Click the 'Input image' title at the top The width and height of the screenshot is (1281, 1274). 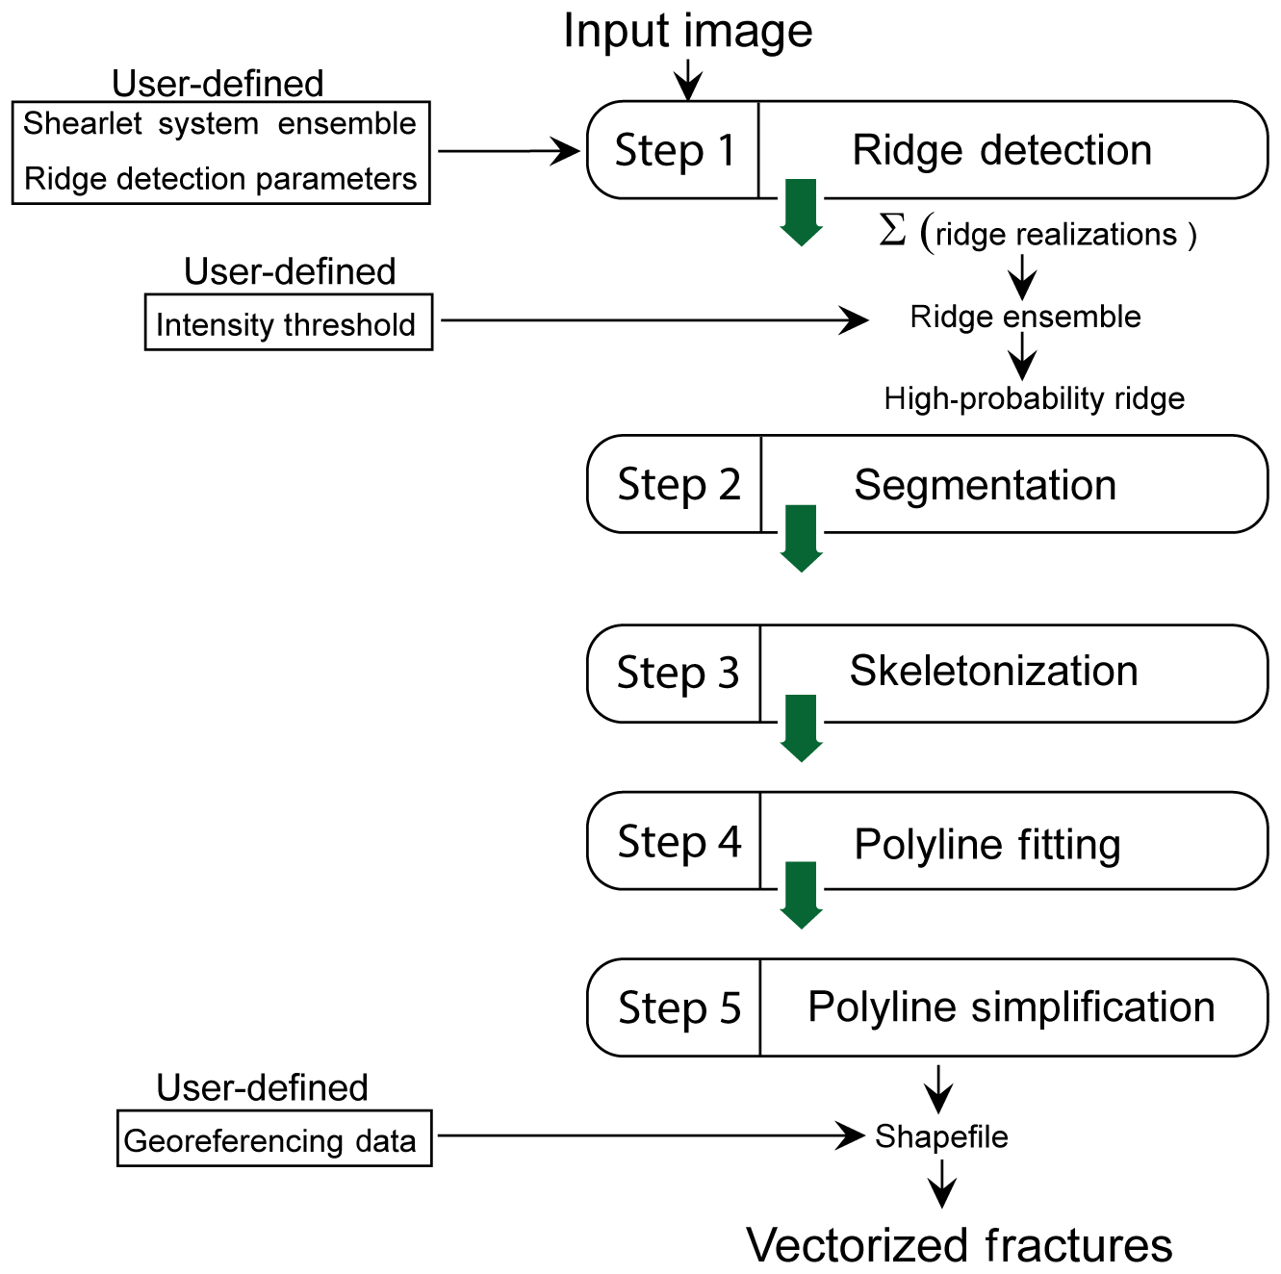(x=687, y=31)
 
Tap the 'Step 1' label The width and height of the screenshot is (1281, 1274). (x=675, y=150)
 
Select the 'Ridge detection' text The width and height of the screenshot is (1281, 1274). (x=1002, y=150)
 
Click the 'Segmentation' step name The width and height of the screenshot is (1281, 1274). (x=985, y=485)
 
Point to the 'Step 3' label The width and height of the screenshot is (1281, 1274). (x=678, y=673)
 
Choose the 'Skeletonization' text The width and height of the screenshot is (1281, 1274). (x=993, y=671)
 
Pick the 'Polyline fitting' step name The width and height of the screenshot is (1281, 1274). (x=987, y=844)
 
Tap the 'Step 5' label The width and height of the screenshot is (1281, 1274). (x=679, y=1008)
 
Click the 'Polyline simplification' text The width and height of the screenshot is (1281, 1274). (x=1011, y=1006)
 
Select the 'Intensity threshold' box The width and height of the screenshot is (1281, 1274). (x=288, y=323)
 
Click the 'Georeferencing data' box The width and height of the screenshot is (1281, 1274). (x=274, y=1139)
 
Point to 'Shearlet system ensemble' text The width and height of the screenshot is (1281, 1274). (x=219, y=124)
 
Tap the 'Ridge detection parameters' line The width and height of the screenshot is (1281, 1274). (x=219, y=179)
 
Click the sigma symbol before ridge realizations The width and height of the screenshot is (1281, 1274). (x=892, y=231)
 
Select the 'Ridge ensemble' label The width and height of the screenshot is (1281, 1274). (x=1025, y=317)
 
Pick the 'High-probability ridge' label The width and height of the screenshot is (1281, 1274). (x=1034, y=398)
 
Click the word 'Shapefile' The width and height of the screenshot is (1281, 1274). (x=940, y=1136)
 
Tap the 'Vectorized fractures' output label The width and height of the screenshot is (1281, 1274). (x=959, y=1245)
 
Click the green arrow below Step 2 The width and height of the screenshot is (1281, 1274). (x=801, y=538)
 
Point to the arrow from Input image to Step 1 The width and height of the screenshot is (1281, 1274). (x=687, y=79)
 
